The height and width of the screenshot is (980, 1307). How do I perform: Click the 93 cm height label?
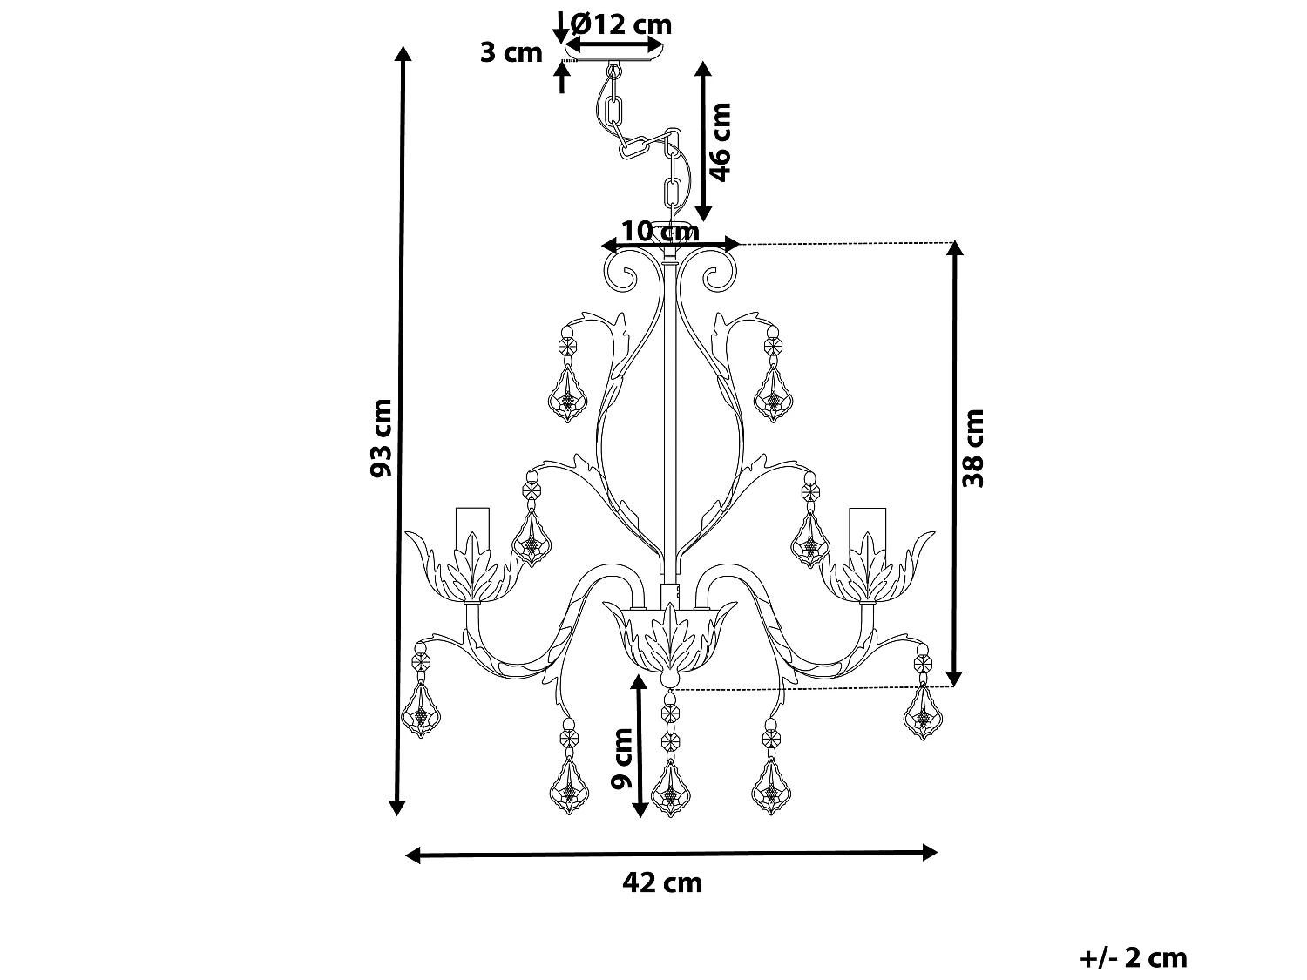[x=381, y=437]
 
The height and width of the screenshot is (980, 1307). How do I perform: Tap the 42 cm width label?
[x=662, y=882]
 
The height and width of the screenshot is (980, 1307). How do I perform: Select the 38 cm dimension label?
[x=973, y=447]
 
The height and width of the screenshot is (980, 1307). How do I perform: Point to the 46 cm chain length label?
[x=720, y=141]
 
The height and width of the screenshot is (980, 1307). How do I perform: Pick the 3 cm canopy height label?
[x=511, y=52]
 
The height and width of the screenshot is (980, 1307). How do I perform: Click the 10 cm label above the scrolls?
[x=660, y=231]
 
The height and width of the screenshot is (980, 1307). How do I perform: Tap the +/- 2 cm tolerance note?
[x=1133, y=958]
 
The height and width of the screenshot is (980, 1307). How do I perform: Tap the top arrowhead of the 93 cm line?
[x=402, y=54]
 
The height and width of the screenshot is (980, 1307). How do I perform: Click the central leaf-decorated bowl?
[x=669, y=640]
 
